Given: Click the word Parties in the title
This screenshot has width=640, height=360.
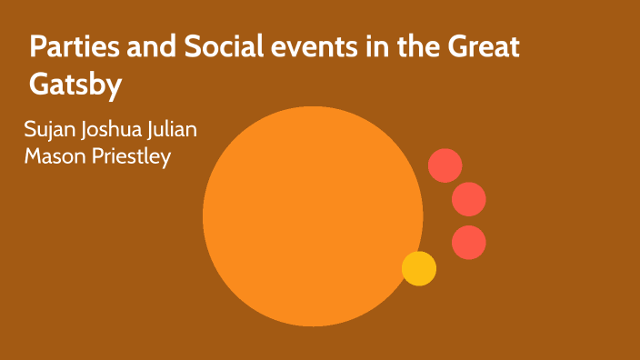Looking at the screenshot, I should pyautogui.click(x=72, y=48).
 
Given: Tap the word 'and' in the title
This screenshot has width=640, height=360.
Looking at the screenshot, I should pyautogui.click(x=145, y=48).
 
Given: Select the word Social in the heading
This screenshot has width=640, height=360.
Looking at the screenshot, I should pyautogui.click(x=215, y=48).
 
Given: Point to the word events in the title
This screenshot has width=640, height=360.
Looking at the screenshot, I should pyautogui.click(x=303, y=48).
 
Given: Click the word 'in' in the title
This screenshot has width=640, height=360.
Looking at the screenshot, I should pyautogui.click(x=360, y=48).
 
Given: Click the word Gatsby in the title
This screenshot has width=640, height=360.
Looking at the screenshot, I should pyautogui.click(x=75, y=85).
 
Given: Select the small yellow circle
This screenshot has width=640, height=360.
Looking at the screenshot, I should pyautogui.click(x=419, y=268).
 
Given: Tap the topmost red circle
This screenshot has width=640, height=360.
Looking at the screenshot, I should pyautogui.click(x=445, y=165).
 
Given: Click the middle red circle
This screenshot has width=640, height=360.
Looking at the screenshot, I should pyautogui.click(x=469, y=199).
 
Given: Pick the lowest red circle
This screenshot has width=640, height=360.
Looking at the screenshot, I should pyautogui.click(x=469, y=242).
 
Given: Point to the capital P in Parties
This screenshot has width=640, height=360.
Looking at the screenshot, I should pyautogui.click(x=37, y=48).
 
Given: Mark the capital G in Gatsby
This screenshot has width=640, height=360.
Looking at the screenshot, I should pyautogui.click(x=39, y=85).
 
